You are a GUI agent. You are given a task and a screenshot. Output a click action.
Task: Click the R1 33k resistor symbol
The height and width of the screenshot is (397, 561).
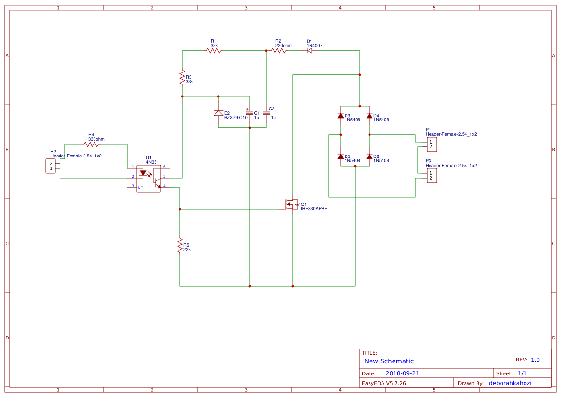214,50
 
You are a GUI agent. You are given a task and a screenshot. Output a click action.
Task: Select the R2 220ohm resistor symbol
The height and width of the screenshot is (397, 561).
278,50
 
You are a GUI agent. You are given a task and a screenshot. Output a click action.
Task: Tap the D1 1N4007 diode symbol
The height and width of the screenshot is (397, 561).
310,50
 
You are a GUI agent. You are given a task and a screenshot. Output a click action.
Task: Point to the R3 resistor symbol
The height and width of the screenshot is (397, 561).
182,77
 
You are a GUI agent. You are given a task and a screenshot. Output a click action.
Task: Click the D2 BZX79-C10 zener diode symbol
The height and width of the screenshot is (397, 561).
218,113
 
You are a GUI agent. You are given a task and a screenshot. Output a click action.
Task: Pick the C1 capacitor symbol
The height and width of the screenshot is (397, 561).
250,113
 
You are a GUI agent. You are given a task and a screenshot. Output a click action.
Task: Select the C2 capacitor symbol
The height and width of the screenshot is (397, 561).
266,113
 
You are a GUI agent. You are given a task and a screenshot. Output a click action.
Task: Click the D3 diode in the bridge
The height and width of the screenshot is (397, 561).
341,116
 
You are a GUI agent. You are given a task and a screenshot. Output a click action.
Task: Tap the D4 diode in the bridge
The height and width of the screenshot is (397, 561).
370,116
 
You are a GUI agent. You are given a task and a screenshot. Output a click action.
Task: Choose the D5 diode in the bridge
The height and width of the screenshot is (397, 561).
341,156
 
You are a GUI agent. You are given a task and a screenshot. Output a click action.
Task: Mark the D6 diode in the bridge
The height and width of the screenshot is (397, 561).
370,156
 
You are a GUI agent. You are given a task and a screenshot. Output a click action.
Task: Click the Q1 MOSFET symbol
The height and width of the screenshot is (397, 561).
291,205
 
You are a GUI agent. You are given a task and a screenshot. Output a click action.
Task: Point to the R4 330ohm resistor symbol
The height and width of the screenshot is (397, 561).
91,144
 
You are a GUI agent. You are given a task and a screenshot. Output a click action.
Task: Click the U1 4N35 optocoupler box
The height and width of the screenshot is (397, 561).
149,179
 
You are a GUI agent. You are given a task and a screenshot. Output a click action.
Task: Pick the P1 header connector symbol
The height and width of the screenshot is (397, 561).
431,144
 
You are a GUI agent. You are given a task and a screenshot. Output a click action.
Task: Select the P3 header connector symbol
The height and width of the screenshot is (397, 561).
431,175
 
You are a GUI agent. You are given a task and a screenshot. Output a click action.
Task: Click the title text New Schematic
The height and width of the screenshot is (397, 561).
389,361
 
